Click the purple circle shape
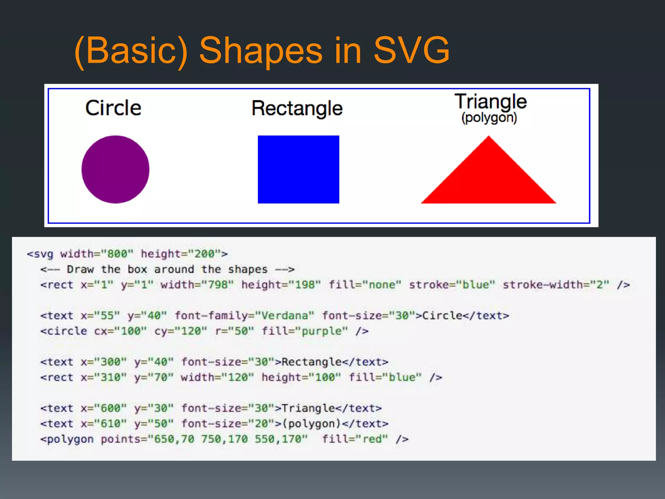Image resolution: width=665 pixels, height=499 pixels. (x=115, y=169)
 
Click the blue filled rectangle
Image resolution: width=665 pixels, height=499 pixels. (x=298, y=169)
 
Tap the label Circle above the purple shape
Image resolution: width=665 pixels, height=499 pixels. (x=113, y=108)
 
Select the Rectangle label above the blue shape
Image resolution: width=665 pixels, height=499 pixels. (x=297, y=108)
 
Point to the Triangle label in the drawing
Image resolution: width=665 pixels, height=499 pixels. (x=490, y=101)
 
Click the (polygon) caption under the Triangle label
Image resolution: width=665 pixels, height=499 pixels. (x=489, y=118)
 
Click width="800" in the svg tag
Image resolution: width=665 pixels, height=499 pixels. (x=97, y=254)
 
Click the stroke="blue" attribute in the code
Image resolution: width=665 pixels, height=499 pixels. (x=452, y=285)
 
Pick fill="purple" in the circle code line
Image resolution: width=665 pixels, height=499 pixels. (x=305, y=331)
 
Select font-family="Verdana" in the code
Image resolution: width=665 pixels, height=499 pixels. (x=244, y=315)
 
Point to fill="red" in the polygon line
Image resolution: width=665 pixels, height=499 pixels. (x=355, y=439)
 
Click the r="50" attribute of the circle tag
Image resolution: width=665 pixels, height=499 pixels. (x=234, y=331)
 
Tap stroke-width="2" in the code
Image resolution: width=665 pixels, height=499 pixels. (x=556, y=285)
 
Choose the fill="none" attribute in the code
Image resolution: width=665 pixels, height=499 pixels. (x=365, y=285)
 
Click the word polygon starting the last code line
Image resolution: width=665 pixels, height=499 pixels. (x=70, y=439)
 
